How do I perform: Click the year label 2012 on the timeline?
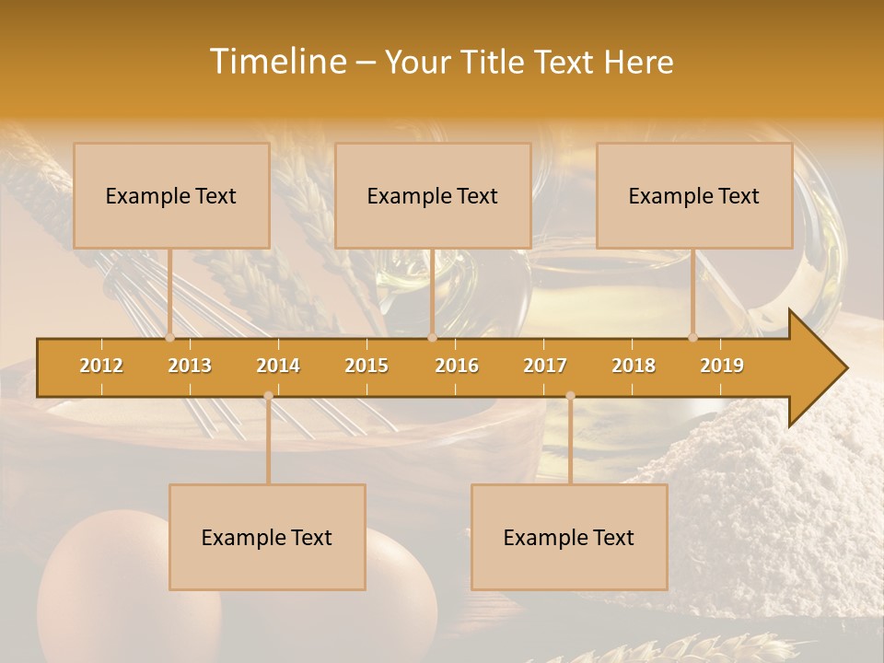[101, 366]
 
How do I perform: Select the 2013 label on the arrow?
[190, 366]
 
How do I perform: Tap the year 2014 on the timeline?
[278, 366]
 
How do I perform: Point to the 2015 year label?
[366, 366]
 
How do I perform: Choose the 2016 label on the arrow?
[457, 366]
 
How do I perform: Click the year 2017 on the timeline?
[545, 366]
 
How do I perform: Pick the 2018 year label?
[634, 366]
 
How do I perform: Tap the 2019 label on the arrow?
[722, 366]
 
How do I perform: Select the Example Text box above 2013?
[171, 195]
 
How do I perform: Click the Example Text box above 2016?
[433, 195]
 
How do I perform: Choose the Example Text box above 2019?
[694, 195]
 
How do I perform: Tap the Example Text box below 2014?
[267, 537]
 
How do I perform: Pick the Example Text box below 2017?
[569, 537]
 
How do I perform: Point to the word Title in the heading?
[497, 63]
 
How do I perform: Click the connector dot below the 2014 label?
[268, 396]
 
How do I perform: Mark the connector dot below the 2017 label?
[570, 396]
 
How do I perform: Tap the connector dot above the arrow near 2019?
[693, 337]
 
